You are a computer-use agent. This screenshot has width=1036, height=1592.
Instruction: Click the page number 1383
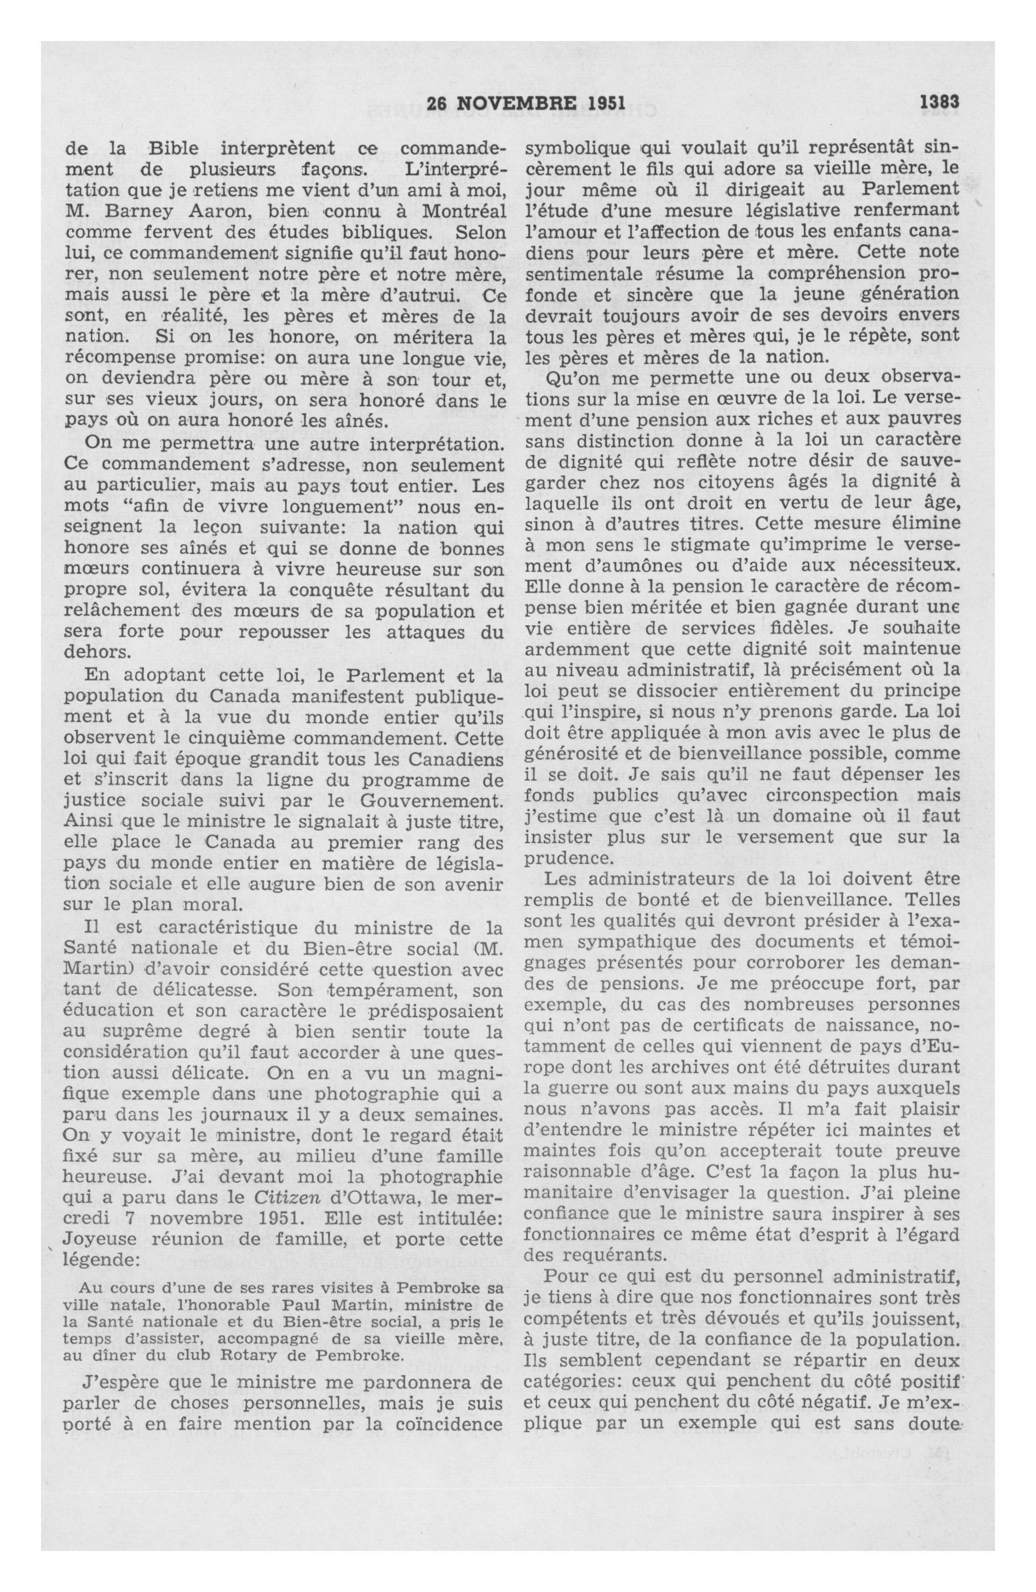(x=940, y=103)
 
